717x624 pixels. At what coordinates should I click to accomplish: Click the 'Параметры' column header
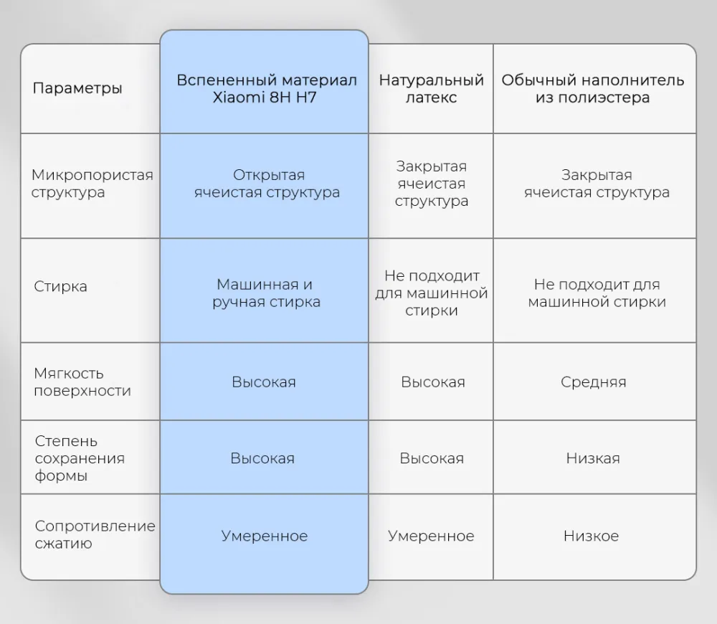point(77,88)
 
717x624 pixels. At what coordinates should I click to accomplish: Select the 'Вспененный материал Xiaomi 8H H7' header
point(266,88)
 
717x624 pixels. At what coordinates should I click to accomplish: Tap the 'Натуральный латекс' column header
point(431,88)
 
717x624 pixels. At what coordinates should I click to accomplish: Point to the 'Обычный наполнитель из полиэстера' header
point(593,88)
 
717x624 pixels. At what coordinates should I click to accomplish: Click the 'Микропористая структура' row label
point(92,183)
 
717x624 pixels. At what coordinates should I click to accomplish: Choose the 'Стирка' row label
point(60,286)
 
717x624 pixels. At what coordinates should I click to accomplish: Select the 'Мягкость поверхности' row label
point(82,382)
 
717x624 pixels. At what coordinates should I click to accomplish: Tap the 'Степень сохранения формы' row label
point(80,458)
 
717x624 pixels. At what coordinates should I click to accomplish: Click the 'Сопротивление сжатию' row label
point(95,534)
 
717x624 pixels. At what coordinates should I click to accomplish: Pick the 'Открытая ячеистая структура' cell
point(267,183)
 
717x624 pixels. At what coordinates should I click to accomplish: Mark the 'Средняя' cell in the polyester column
point(593,382)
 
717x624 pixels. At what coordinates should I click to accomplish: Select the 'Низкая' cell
point(593,458)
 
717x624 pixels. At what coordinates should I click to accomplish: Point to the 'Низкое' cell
point(591,536)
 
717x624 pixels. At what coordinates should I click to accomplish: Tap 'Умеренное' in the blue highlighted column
point(265,536)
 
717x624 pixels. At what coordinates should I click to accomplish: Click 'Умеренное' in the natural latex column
point(431,536)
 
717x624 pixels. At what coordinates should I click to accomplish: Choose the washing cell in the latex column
point(431,293)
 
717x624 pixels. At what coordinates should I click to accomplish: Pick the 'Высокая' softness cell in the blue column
point(264,382)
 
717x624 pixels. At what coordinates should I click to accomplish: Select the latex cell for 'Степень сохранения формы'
point(432,458)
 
